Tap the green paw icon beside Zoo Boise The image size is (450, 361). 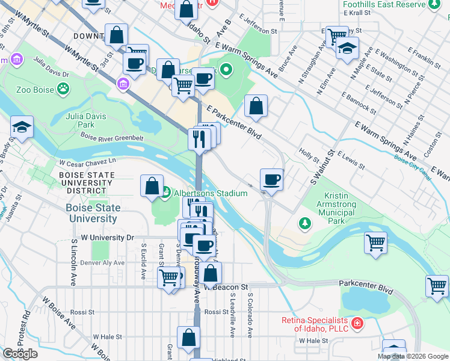63,89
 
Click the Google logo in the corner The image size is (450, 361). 20,354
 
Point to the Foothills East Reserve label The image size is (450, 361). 383,4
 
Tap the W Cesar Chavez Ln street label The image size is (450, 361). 87,162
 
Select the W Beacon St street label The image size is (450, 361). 226,288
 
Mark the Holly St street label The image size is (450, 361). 308,156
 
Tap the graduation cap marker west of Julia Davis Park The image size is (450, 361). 22,128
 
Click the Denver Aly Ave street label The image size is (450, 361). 98,263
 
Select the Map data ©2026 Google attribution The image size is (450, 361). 412,356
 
